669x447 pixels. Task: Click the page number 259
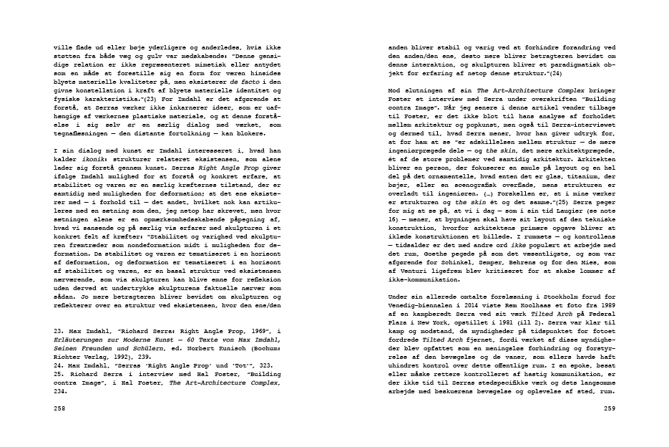(x=610, y=408)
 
